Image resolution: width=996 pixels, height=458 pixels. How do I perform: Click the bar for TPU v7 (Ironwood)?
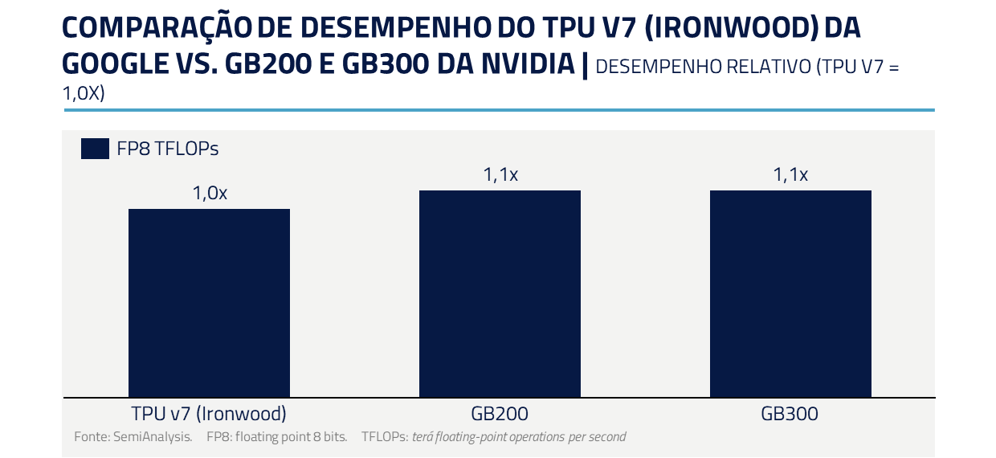[x=209, y=303]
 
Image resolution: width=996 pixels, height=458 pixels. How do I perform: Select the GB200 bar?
[x=500, y=293]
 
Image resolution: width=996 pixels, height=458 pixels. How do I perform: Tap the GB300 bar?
[x=790, y=293]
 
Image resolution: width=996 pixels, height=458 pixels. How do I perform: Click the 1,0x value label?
[x=210, y=194]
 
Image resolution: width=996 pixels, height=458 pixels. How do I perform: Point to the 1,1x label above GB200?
[x=500, y=175]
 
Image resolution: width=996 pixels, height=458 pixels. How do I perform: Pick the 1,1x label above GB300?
[x=790, y=175]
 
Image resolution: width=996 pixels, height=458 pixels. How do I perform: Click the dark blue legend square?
[x=95, y=149]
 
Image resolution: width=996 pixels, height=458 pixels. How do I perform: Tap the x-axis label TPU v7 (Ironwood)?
[x=209, y=415]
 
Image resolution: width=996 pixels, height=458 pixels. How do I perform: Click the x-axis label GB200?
[x=500, y=415]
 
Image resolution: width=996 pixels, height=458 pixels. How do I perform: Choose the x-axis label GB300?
[x=790, y=415]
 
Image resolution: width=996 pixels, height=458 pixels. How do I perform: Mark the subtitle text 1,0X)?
[x=84, y=93]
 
